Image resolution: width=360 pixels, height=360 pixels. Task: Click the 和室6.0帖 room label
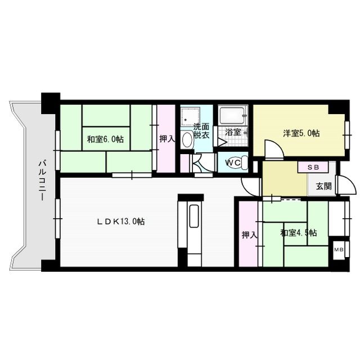pyautogui.click(x=105, y=139)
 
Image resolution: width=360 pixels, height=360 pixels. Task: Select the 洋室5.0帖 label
pyautogui.click(x=301, y=133)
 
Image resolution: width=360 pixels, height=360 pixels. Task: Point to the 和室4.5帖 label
pyautogui.click(x=299, y=232)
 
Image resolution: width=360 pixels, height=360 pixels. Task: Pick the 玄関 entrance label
pyautogui.click(x=323, y=186)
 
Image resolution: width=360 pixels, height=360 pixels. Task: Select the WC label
pyautogui.click(x=232, y=162)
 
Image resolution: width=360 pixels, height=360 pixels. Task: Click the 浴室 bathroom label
pyautogui.click(x=233, y=133)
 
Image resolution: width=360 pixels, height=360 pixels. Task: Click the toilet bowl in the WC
pyautogui.click(x=240, y=161)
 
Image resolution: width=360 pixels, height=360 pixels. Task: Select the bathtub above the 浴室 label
pyautogui.click(x=232, y=116)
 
